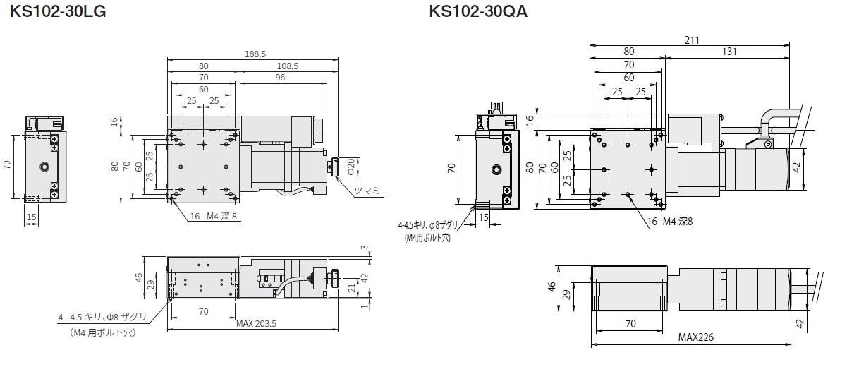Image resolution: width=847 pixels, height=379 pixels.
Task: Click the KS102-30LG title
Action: point(57,12)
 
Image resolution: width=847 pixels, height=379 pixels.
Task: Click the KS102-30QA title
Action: point(478,12)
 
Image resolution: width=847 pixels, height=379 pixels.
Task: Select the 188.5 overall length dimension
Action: point(255,54)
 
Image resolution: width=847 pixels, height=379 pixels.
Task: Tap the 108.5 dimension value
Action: point(288,66)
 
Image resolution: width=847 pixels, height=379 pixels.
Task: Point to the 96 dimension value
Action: point(280,78)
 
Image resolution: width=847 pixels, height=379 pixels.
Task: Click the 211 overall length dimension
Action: point(692,40)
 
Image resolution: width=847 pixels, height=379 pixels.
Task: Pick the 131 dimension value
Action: point(729,52)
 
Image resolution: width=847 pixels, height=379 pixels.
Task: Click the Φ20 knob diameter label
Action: point(351,167)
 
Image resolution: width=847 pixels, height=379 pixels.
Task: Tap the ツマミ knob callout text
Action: point(367,191)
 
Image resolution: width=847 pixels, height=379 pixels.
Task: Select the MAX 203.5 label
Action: point(257,324)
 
